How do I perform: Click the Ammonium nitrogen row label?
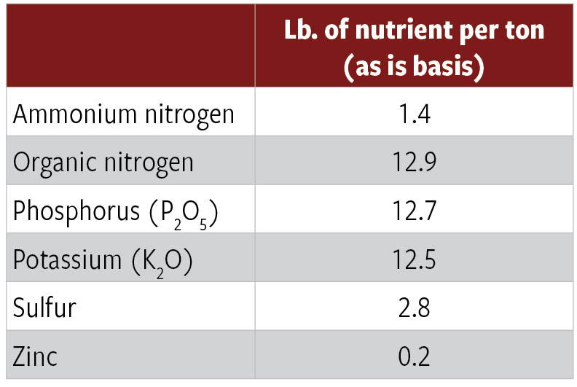coord(124,114)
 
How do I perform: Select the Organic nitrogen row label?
coord(103,162)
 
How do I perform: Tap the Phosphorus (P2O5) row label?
coord(116,211)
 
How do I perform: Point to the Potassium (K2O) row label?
coord(103,260)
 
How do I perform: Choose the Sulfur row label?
coord(44,308)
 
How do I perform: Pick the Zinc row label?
coord(36,356)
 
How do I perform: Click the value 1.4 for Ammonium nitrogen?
coord(415,114)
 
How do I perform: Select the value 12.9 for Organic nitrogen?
coord(415,162)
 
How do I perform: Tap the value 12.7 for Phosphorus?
coord(415,211)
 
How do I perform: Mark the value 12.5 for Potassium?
coord(415,260)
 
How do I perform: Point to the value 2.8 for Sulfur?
coord(415,308)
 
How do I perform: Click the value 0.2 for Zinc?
coord(415,356)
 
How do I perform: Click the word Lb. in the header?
coord(301,33)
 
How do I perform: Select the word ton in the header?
coord(522,33)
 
